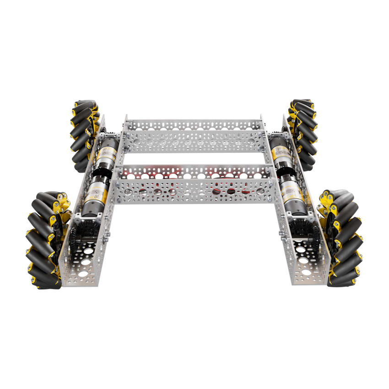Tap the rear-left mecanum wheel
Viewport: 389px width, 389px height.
pos(83,135)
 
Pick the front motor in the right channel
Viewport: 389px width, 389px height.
pos(291,194)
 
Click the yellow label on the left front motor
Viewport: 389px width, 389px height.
pos(94,192)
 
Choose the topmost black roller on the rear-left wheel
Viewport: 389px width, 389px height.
pos(83,104)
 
